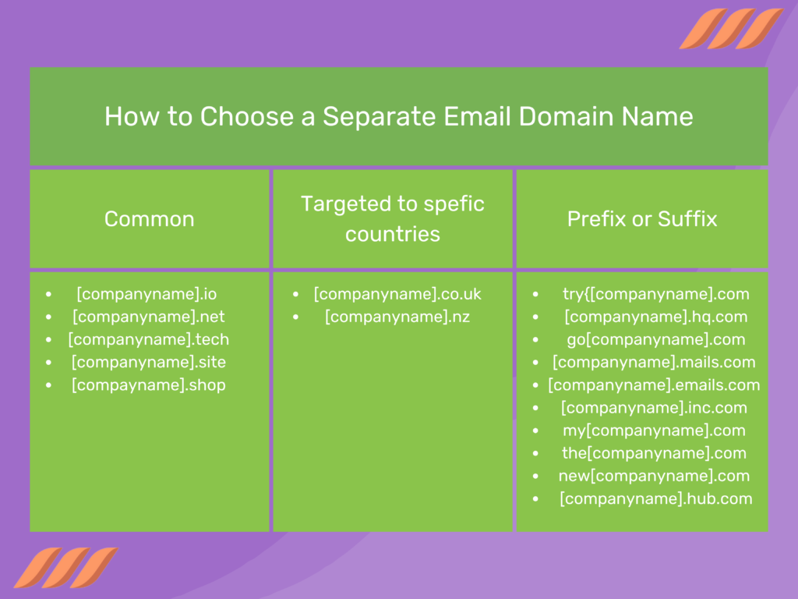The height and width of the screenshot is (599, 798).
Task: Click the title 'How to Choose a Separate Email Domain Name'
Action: [x=398, y=116]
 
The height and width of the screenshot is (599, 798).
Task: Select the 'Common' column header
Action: [x=149, y=218]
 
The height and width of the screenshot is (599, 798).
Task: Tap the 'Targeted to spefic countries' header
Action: [x=393, y=218]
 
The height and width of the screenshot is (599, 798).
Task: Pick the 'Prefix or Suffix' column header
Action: [x=641, y=218]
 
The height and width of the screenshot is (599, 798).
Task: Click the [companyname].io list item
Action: [x=147, y=294]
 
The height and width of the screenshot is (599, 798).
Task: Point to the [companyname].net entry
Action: [x=148, y=317]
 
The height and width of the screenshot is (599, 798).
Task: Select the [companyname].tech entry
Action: [x=148, y=339]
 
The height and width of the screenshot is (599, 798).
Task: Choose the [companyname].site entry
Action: [x=148, y=362]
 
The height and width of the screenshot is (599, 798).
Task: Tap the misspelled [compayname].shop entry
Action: [x=148, y=385]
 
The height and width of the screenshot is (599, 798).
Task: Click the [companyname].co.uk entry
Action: [x=397, y=294]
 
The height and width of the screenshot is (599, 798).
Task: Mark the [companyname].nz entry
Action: [x=397, y=317]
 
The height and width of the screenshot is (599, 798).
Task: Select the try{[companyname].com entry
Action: [x=655, y=294]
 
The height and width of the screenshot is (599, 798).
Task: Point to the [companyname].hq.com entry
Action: [x=655, y=317]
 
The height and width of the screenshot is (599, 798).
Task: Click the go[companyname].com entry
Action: [x=655, y=339]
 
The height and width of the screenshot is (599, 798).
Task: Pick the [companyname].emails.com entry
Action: [x=654, y=385]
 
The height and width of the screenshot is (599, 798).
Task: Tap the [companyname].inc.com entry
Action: [x=654, y=407]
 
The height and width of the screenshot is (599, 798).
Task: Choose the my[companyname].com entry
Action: [x=654, y=430]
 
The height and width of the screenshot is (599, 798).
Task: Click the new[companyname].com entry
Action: [x=654, y=476]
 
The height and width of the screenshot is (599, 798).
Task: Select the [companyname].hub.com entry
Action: [x=655, y=498]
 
